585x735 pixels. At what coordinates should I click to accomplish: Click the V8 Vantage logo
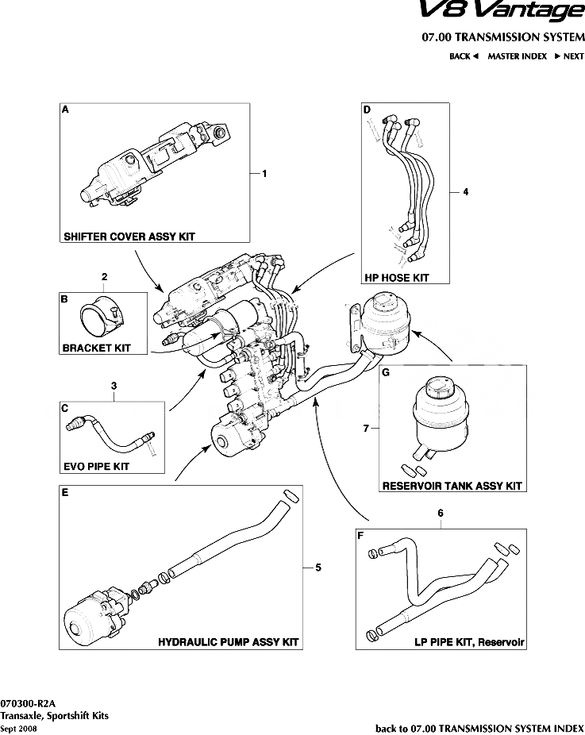point(511,12)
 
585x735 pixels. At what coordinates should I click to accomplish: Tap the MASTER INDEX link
point(517,56)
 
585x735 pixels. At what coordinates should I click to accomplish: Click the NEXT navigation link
point(569,56)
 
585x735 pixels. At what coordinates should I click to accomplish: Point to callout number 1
point(264,173)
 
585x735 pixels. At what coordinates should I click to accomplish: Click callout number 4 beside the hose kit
point(466,192)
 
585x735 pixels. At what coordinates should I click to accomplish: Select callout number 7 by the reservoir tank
point(365,428)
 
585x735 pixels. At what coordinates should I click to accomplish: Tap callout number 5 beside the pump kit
point(318,567)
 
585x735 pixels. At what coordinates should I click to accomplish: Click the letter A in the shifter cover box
point(65,111)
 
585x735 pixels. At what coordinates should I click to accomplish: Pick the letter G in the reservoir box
point(386,371)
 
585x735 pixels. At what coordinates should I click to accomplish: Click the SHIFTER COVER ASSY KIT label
point(129,237)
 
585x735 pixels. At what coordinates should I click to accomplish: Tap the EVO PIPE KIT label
point(95,467)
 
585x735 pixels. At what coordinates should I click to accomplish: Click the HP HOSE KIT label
point(397,278)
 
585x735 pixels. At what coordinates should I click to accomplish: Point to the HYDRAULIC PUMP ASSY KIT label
point(229,641)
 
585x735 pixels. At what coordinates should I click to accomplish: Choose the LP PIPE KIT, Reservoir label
point(470,641)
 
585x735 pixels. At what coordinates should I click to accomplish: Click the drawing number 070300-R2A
point(27,703)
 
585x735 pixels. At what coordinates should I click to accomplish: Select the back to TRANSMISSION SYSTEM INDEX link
point(479,727)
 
